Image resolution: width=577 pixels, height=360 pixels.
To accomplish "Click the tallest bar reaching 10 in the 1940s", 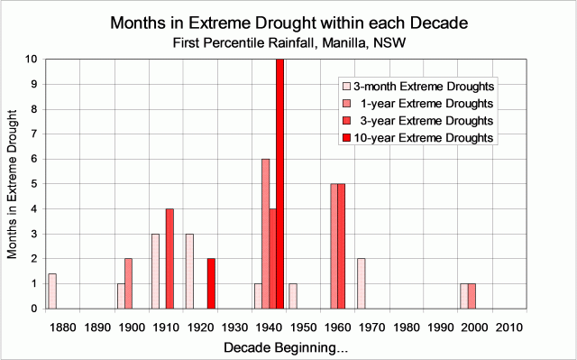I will click(x=279, y=184).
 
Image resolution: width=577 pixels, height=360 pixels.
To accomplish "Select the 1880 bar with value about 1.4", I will click(x=52, y=291).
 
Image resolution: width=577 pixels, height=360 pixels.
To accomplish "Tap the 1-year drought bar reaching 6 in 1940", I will click(x=265, y=234).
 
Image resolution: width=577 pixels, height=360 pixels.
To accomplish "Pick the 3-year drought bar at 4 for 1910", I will click(x=169, y=259).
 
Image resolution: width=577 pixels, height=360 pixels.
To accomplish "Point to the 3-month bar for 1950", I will click(x=292, y=296).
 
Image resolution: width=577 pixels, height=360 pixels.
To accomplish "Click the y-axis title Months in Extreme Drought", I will click(x=13, y=184).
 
